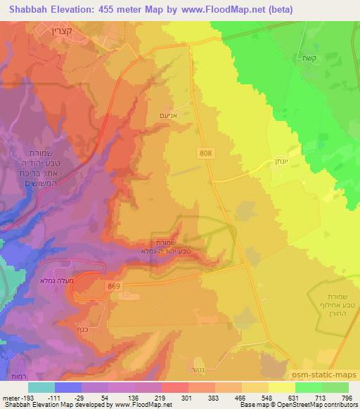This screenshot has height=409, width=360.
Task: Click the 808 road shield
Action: (x=205, y=152)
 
